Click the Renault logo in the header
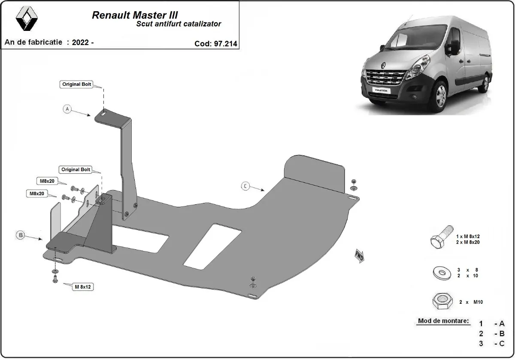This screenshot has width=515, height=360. [x=27, y=20]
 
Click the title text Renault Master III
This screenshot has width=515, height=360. [x=135, y=15]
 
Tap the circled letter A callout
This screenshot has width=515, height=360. [x=67, y=109]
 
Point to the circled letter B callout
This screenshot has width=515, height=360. [x=20, y=235]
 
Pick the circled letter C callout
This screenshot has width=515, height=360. [x=245, y=186]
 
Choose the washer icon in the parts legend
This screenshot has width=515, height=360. [x=441, y=272]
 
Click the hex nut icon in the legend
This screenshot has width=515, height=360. [x=441, y=302]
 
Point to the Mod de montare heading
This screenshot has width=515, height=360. [x=443, y=321]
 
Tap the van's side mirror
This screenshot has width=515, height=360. [x=453, y=47]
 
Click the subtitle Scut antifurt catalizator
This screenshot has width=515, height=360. [x=179, y=24]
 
